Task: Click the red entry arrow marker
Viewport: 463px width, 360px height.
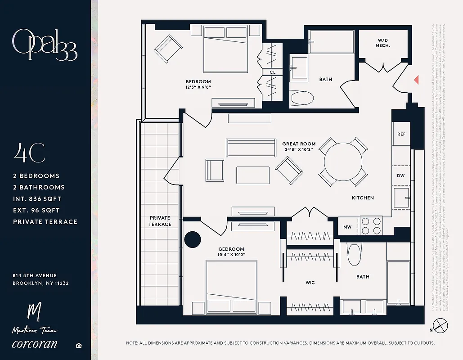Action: point(417,80)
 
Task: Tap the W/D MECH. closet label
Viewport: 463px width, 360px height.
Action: point(383,43)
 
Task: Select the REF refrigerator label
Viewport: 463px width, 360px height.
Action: point(401,135)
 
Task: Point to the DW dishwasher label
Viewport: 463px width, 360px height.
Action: point(400,176)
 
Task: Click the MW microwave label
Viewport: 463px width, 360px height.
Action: point(347,227)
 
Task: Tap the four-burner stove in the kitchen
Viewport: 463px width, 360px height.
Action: point(371,226)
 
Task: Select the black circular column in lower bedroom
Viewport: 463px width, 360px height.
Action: point(193,239)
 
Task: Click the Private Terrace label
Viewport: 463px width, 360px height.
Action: point(160,221)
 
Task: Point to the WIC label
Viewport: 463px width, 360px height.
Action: point(310,283)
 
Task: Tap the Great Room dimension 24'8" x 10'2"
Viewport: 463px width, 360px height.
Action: point(299,150)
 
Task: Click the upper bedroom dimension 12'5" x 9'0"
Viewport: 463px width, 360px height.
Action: point(198,87)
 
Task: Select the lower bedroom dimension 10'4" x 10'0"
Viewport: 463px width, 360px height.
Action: point(231,255)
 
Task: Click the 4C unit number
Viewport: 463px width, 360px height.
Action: point(29,153)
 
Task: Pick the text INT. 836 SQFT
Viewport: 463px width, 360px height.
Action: point(37,199)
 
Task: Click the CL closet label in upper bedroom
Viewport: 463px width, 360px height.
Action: point(272,72)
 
